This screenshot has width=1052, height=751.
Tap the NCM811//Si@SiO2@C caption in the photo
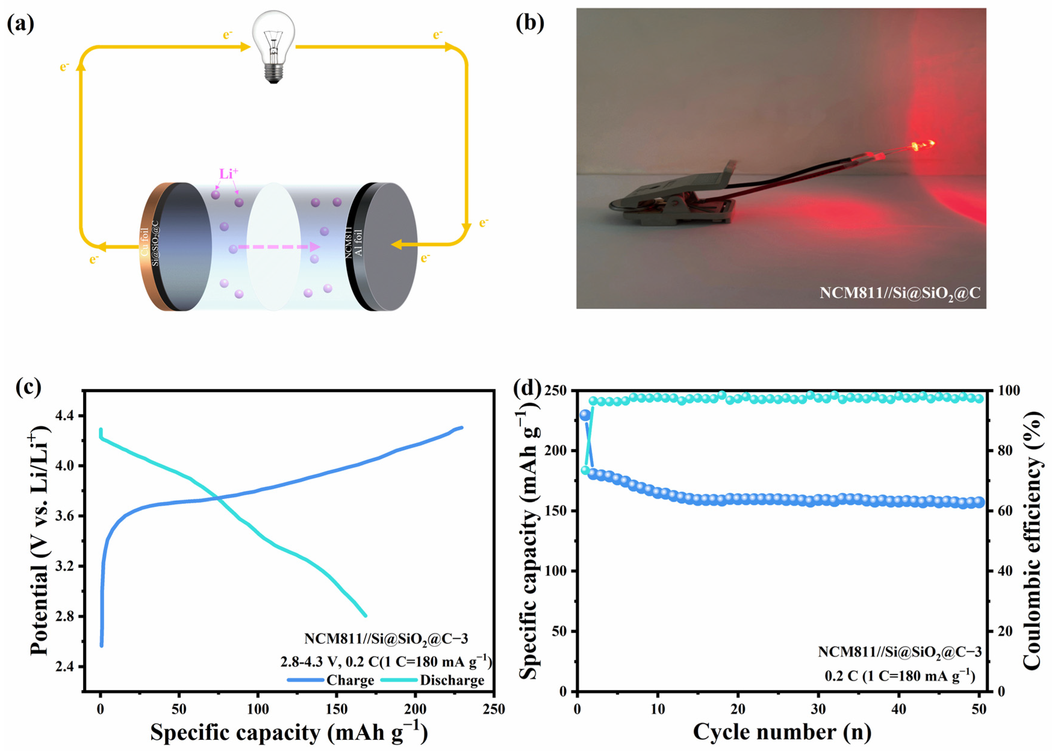900,293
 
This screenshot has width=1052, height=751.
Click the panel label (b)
530,23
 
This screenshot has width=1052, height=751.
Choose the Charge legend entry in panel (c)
331,680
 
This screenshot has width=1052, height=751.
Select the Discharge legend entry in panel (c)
433,680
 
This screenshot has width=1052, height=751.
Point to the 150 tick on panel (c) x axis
336,709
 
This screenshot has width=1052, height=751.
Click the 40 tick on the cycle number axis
898,709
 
